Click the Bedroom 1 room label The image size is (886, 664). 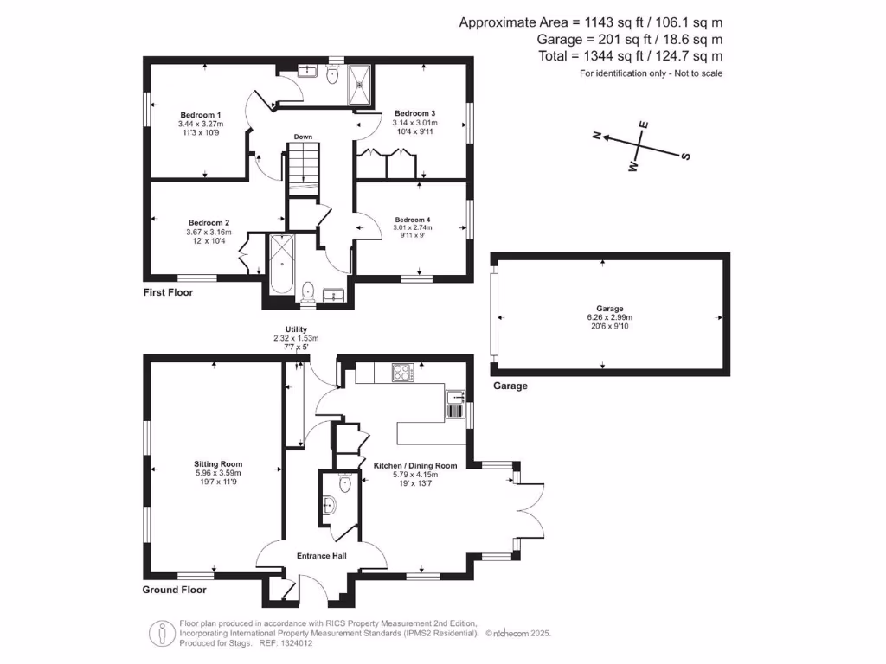(x=201, y=115)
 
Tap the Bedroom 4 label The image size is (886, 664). (x=413, y=220)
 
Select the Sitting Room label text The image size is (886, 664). (x=218, y=464)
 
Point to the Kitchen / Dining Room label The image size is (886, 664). (x=415, y=466)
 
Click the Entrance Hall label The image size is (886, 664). (x=322, y=556)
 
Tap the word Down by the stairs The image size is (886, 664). (x=303, y=137)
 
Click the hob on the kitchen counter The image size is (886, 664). (x=403, y=373)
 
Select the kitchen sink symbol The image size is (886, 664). (x=455, y=405)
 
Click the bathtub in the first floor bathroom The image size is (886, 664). (x=281, y=265)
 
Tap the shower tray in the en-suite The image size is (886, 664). (x=360, y=85)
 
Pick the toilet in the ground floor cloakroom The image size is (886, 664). (x=345, y=483)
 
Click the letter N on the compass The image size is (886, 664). (x=595, y=135)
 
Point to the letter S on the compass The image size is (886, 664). (x=686, y=156)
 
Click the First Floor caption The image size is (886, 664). (x=168, y=292)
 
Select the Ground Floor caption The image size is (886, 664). (x=174, y=590)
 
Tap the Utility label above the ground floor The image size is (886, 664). (x=296, y=329)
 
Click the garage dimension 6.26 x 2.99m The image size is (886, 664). (x=610, y=317)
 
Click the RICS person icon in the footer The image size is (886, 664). (x=162, y=634)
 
